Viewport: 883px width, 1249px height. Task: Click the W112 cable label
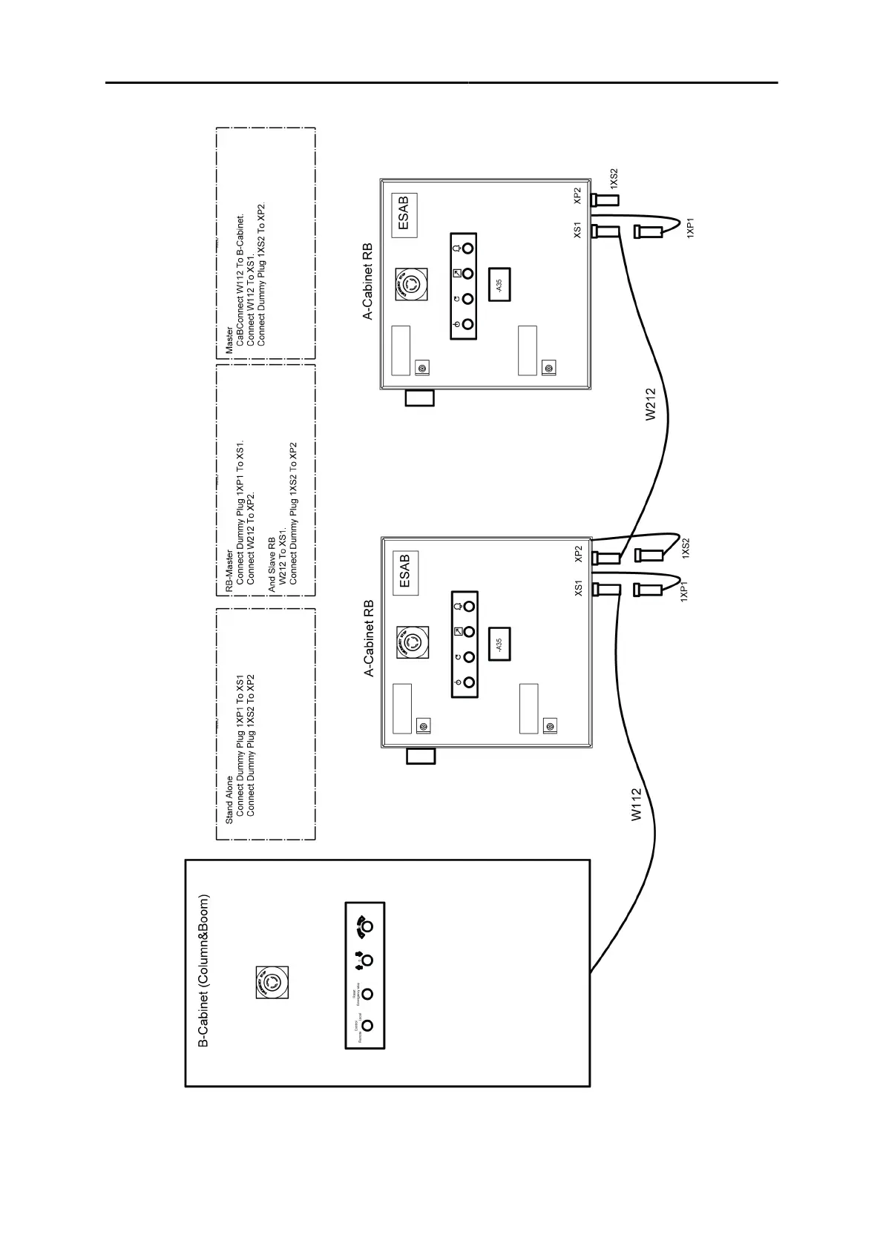click(637, 805)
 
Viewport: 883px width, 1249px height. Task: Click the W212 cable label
click(651, 405)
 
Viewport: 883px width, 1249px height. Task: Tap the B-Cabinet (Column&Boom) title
click(203, 971)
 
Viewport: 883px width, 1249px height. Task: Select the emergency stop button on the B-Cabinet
click(272, 983)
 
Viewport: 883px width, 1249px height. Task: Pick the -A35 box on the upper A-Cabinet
click(501, 284)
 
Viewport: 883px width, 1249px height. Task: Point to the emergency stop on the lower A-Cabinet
click(411, 641)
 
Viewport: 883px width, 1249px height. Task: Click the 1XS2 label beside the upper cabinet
click(613, 179)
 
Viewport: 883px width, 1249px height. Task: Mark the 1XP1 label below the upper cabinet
click(690, 227)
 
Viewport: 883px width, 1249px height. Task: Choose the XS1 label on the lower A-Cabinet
click(578, 588)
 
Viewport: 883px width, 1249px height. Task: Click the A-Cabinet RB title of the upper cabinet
click(368, 283)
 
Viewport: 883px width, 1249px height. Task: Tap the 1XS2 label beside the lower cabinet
click(685, 549)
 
